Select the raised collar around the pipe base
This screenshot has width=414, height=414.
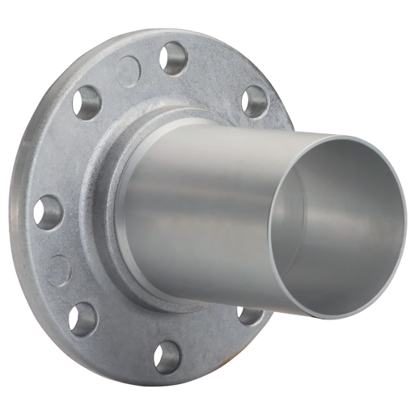[x=121, y=210]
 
